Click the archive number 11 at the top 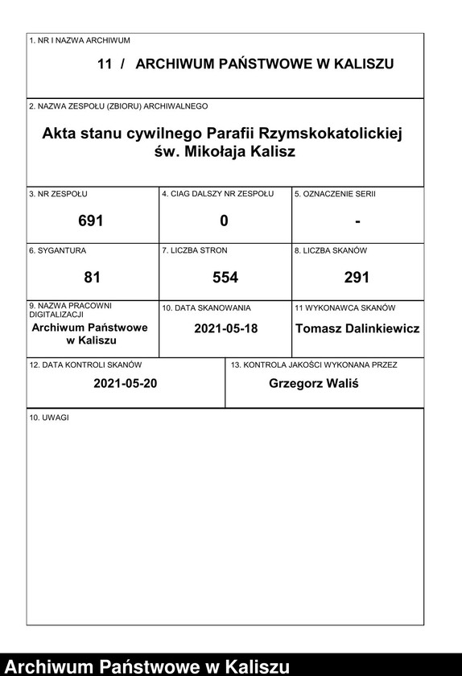coord(104,64)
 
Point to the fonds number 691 coord(91,221)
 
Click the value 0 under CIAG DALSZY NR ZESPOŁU coord(224,221)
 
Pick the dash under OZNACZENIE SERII coord(357,221)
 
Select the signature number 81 coord(92,278)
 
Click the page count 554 coord(225,278)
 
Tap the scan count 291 coord(357,278)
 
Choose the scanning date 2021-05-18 coord(225,328)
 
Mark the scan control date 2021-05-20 coord(125,384)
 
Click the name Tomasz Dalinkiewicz coord(357,328)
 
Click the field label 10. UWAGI coord(49,418)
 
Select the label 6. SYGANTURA coord(57,251)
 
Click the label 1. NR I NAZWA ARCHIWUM coord(79,39)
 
